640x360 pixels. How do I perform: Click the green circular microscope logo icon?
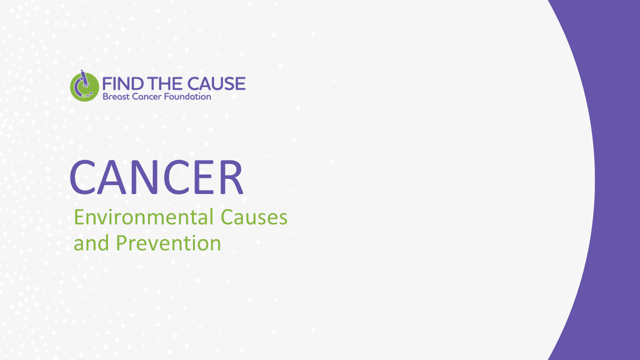[84, 86]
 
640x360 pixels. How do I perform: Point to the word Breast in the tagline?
[114, 96]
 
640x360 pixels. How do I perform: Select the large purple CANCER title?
[156, 177]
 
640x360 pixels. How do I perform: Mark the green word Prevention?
[168, 243]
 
